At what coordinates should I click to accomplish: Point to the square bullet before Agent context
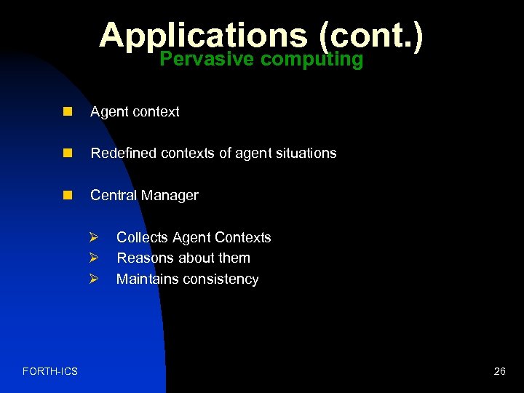68,111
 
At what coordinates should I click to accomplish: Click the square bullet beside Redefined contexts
68,153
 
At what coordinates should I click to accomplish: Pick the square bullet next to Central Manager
68,195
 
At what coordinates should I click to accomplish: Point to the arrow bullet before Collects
93,237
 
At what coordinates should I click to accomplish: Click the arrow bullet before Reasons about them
93,258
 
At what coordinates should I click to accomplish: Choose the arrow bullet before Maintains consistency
93,279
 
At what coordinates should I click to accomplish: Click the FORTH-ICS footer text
50,371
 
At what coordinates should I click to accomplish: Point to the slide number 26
499,371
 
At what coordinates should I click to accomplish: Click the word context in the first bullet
156,111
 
